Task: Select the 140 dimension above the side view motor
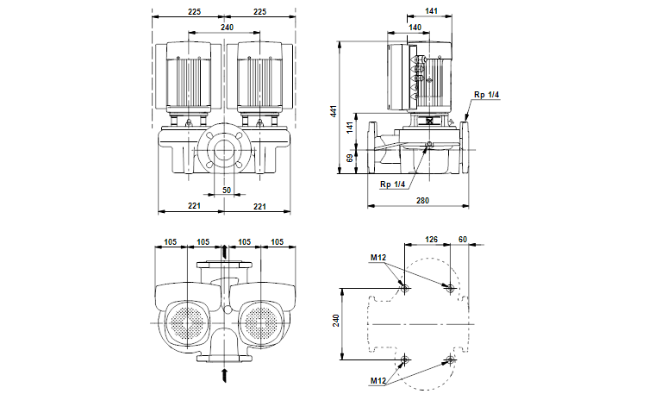tap(415, 28)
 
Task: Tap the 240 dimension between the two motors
tap(227, 28)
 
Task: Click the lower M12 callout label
tap(378, 380)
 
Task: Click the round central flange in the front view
tap(226, 149)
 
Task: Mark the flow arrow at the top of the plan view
tap(226, 251)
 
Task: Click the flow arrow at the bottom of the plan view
tap(226, 375)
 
